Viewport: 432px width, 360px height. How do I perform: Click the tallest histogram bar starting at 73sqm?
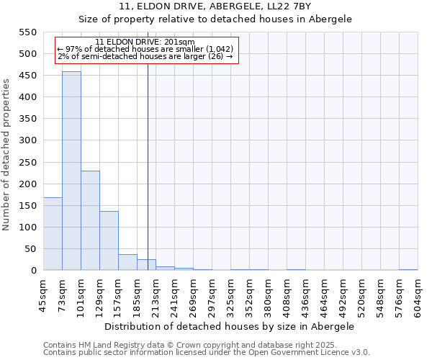71,171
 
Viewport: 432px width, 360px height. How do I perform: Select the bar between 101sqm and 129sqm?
90,220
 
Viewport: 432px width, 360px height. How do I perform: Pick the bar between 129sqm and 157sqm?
109,240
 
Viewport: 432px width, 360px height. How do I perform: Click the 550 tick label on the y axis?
27,32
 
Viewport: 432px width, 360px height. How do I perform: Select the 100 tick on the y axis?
27,228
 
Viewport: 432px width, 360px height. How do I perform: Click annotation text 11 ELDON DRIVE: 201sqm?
145,42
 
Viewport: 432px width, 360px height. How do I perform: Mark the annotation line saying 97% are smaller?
145,49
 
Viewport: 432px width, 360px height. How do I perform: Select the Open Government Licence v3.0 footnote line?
207,353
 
